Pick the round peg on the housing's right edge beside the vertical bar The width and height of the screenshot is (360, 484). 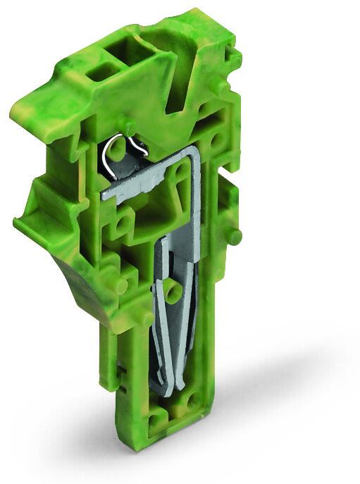(x=235, y=235)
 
